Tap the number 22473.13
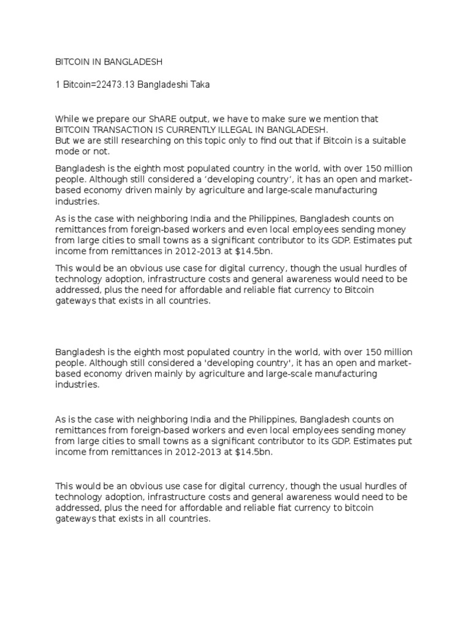(x=113, y=85)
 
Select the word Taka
(x=199, y=85)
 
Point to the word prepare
(x=118, y=119)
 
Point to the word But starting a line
(x=63, y=141)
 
